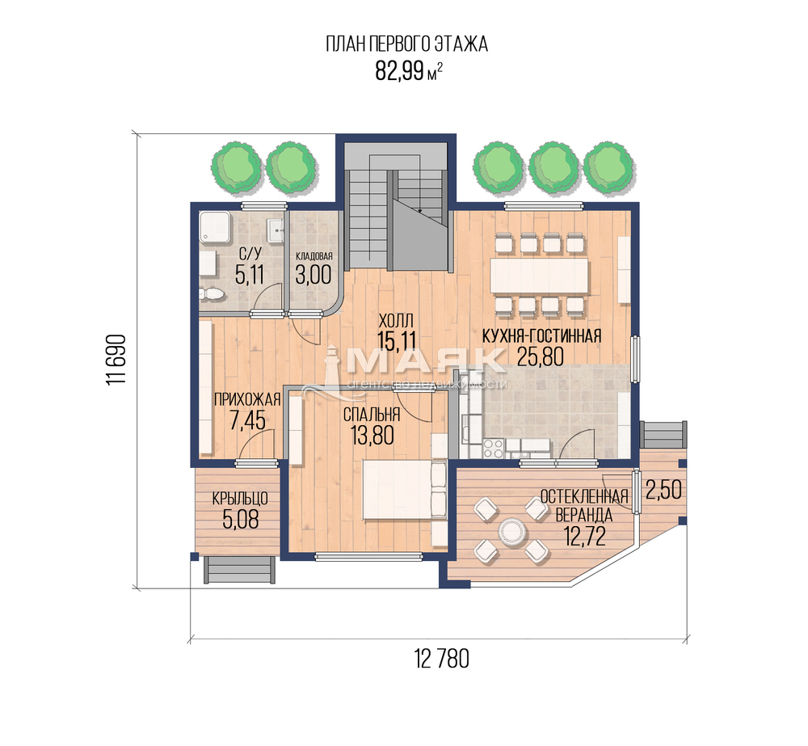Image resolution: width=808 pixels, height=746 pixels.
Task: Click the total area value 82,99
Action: coord(399,71)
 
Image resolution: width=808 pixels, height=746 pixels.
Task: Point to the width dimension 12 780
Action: coord(442,659)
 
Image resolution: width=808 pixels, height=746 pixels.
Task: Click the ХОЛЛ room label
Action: coord(396,321)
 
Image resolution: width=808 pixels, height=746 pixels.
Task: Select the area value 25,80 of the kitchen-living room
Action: coord(540,356)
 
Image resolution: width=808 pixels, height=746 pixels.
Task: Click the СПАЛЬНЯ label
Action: coord(372,414)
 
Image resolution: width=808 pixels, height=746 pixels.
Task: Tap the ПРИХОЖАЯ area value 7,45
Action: coord(247,421)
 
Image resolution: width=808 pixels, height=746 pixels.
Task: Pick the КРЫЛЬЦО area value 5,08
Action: coord(241,520)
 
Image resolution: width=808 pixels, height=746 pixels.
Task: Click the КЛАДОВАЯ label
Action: coord(314,256)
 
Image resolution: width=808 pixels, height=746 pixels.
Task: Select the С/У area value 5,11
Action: coord(250,276)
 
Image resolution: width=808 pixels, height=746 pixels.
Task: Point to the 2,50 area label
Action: coord(663,490)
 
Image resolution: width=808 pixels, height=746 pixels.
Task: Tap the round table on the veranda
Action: coord(511,531)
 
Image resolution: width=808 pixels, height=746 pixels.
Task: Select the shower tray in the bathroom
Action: coord(216,227)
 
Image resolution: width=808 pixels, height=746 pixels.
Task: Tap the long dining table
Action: coord(539,276)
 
